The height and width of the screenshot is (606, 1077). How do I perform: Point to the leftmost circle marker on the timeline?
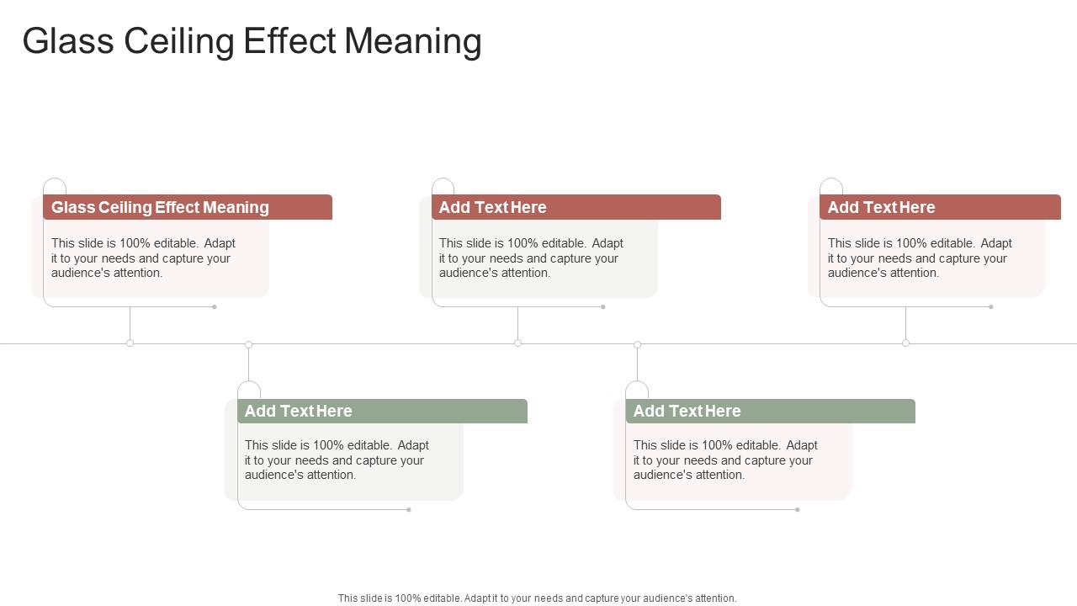click(x=130, y=343)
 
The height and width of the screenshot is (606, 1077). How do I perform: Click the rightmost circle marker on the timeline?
click(x=905, y=343)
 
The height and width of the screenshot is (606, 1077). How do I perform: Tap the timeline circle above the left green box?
click(x=248, y=344)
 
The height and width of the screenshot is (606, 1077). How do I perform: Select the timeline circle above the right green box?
click(x=637, y=344)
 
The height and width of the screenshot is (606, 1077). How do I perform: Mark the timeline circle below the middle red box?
click(x=517, y=343)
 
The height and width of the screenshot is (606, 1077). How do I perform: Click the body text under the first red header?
click(x=143, y=258)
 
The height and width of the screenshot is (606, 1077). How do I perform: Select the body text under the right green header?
click(x=725, y=460)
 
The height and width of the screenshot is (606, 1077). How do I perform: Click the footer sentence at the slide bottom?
click(x=537, y=598)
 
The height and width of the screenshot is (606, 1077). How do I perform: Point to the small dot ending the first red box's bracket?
click(x=215, y=306)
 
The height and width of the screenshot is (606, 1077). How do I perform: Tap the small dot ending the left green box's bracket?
click(x=409, y=509)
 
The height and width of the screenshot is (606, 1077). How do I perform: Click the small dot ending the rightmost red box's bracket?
click(x=991, y=306)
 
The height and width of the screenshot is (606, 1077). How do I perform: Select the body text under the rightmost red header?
click(x=920, y=258)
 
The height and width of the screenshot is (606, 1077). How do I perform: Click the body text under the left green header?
click(x=337, y=460)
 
